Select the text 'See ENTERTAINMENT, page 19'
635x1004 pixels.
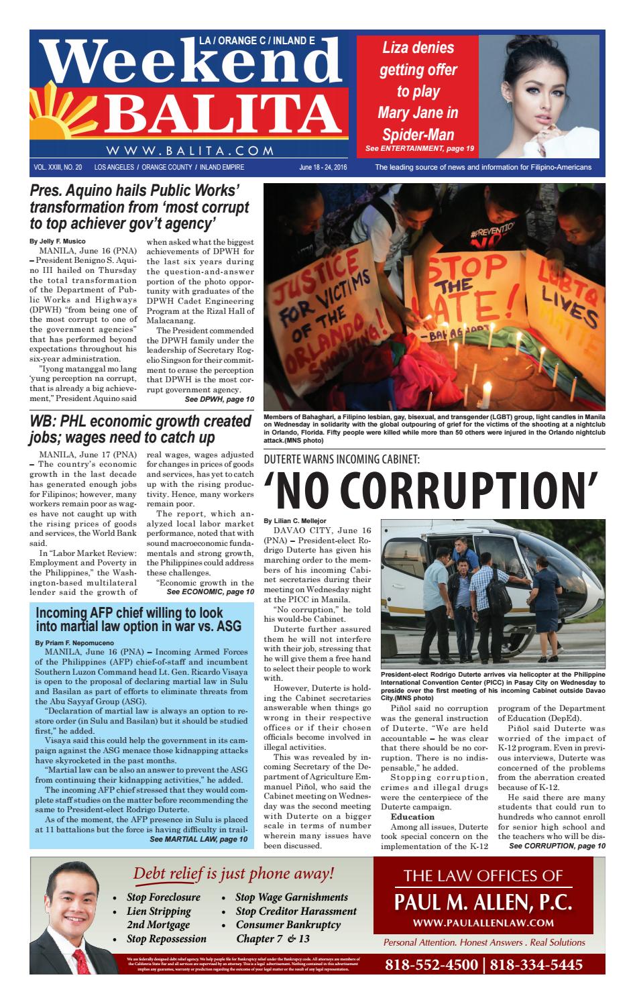coord(419,148)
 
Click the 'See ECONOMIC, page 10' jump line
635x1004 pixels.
coord(210,592)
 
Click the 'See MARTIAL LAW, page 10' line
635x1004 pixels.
coord(198,838)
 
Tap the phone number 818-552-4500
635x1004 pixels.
coord(432,964)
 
